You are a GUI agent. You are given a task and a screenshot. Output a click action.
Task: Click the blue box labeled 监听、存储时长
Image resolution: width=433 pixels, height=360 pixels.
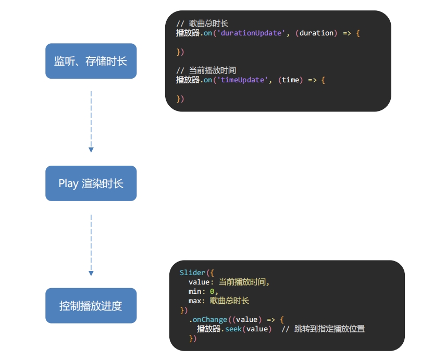tap(91, 61)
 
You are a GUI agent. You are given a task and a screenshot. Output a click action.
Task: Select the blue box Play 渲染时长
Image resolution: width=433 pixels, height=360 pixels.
tap(91, 183)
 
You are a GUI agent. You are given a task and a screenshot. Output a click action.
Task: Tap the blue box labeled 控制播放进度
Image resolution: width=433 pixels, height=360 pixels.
tap(91, 306)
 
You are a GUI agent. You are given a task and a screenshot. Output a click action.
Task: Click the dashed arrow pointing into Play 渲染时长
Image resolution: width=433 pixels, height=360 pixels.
tap(91, 121)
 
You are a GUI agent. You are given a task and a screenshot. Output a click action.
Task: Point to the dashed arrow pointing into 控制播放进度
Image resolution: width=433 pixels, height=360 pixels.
tap(91, 244)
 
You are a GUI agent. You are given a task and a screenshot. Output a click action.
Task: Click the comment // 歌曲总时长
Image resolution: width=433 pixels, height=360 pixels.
tap(202, 23)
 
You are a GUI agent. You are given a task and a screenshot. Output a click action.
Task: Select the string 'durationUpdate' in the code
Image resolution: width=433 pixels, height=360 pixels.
tap(250, 33)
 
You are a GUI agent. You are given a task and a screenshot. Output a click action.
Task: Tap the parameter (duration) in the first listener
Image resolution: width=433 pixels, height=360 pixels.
tap(317, 33)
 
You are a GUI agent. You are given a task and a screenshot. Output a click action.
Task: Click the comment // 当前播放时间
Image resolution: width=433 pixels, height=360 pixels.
tap(206, 70)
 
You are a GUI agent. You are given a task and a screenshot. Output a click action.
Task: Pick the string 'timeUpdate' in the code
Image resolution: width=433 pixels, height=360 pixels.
tap(243, 80)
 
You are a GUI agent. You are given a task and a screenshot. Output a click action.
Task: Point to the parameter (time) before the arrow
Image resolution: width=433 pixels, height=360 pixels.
tap(291, 80)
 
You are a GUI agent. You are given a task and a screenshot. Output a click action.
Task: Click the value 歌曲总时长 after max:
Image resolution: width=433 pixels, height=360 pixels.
tap(229, 301)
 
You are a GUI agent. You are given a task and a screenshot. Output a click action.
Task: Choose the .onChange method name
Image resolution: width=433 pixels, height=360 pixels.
tap(208, 319)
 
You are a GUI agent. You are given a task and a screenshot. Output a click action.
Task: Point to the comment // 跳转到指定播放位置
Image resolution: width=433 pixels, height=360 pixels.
tap(323, 329)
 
